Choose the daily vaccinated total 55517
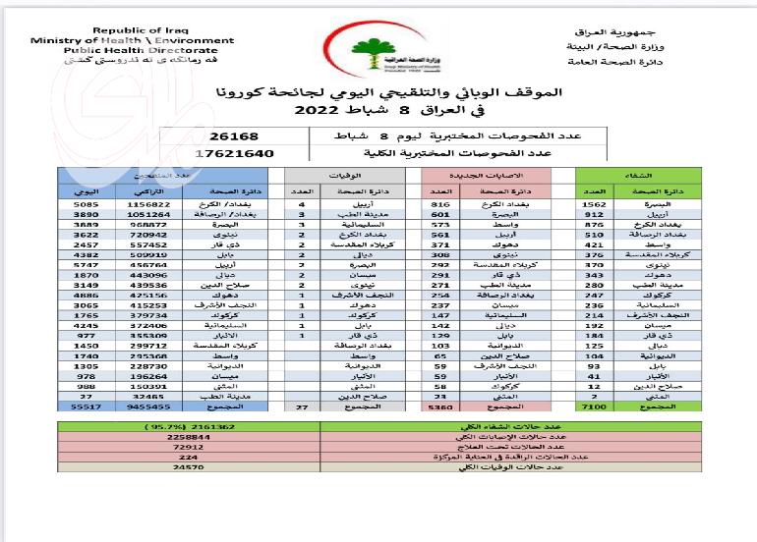coord(86,406)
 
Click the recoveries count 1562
coord(593,203)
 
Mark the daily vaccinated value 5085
coord(86,203)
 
